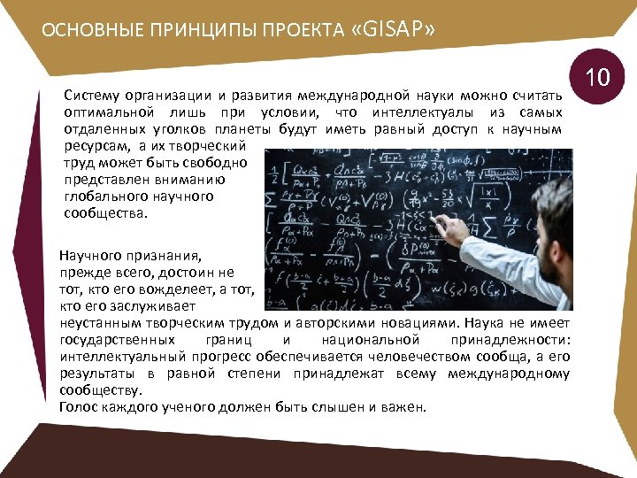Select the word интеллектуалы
(418, 112)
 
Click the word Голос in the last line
(78, 407)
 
